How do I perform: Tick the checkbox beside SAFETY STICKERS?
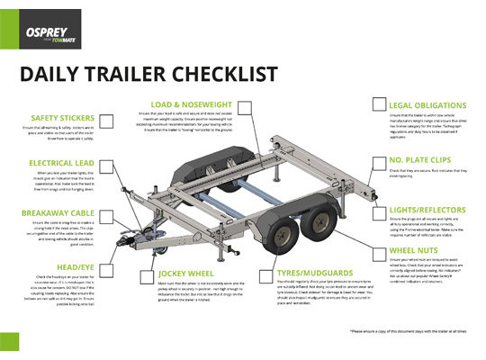click(x=106, y=121)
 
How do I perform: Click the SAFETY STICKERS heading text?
click(x=61, y=118)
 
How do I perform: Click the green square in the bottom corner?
click(x=9, y=341)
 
